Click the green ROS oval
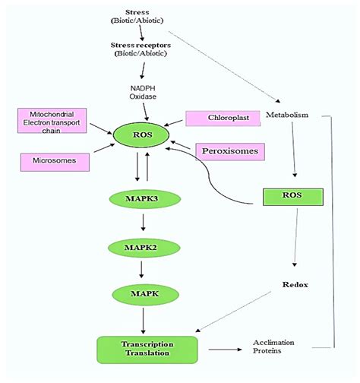click(x=141, y=135)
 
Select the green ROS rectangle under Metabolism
click(x=293, y=197)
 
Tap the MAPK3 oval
click(x=145, y=199)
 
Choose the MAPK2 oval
click(x=144, y=248)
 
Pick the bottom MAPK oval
click(x=145, y=294)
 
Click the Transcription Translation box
click(x=147, y=350)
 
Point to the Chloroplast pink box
click(x=223, y=119)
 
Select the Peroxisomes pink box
click(x=230, y=151)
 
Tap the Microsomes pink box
click(x=55, y=162)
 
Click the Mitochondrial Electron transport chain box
click(x=52, y=121)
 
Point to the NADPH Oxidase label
click(x=143, y=93)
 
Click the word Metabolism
click(x=287, y=115)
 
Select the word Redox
click(x=295, y=285)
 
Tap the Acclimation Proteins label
click(x=273, y=347)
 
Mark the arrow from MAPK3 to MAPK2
click(x=144, y=223)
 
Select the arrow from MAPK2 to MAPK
click(x=141, y=270)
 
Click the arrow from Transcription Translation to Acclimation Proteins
click(x=226, y=350)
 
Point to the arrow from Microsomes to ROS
click(x=104, y=148)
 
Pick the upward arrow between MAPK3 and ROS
click(x=147, y=166)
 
